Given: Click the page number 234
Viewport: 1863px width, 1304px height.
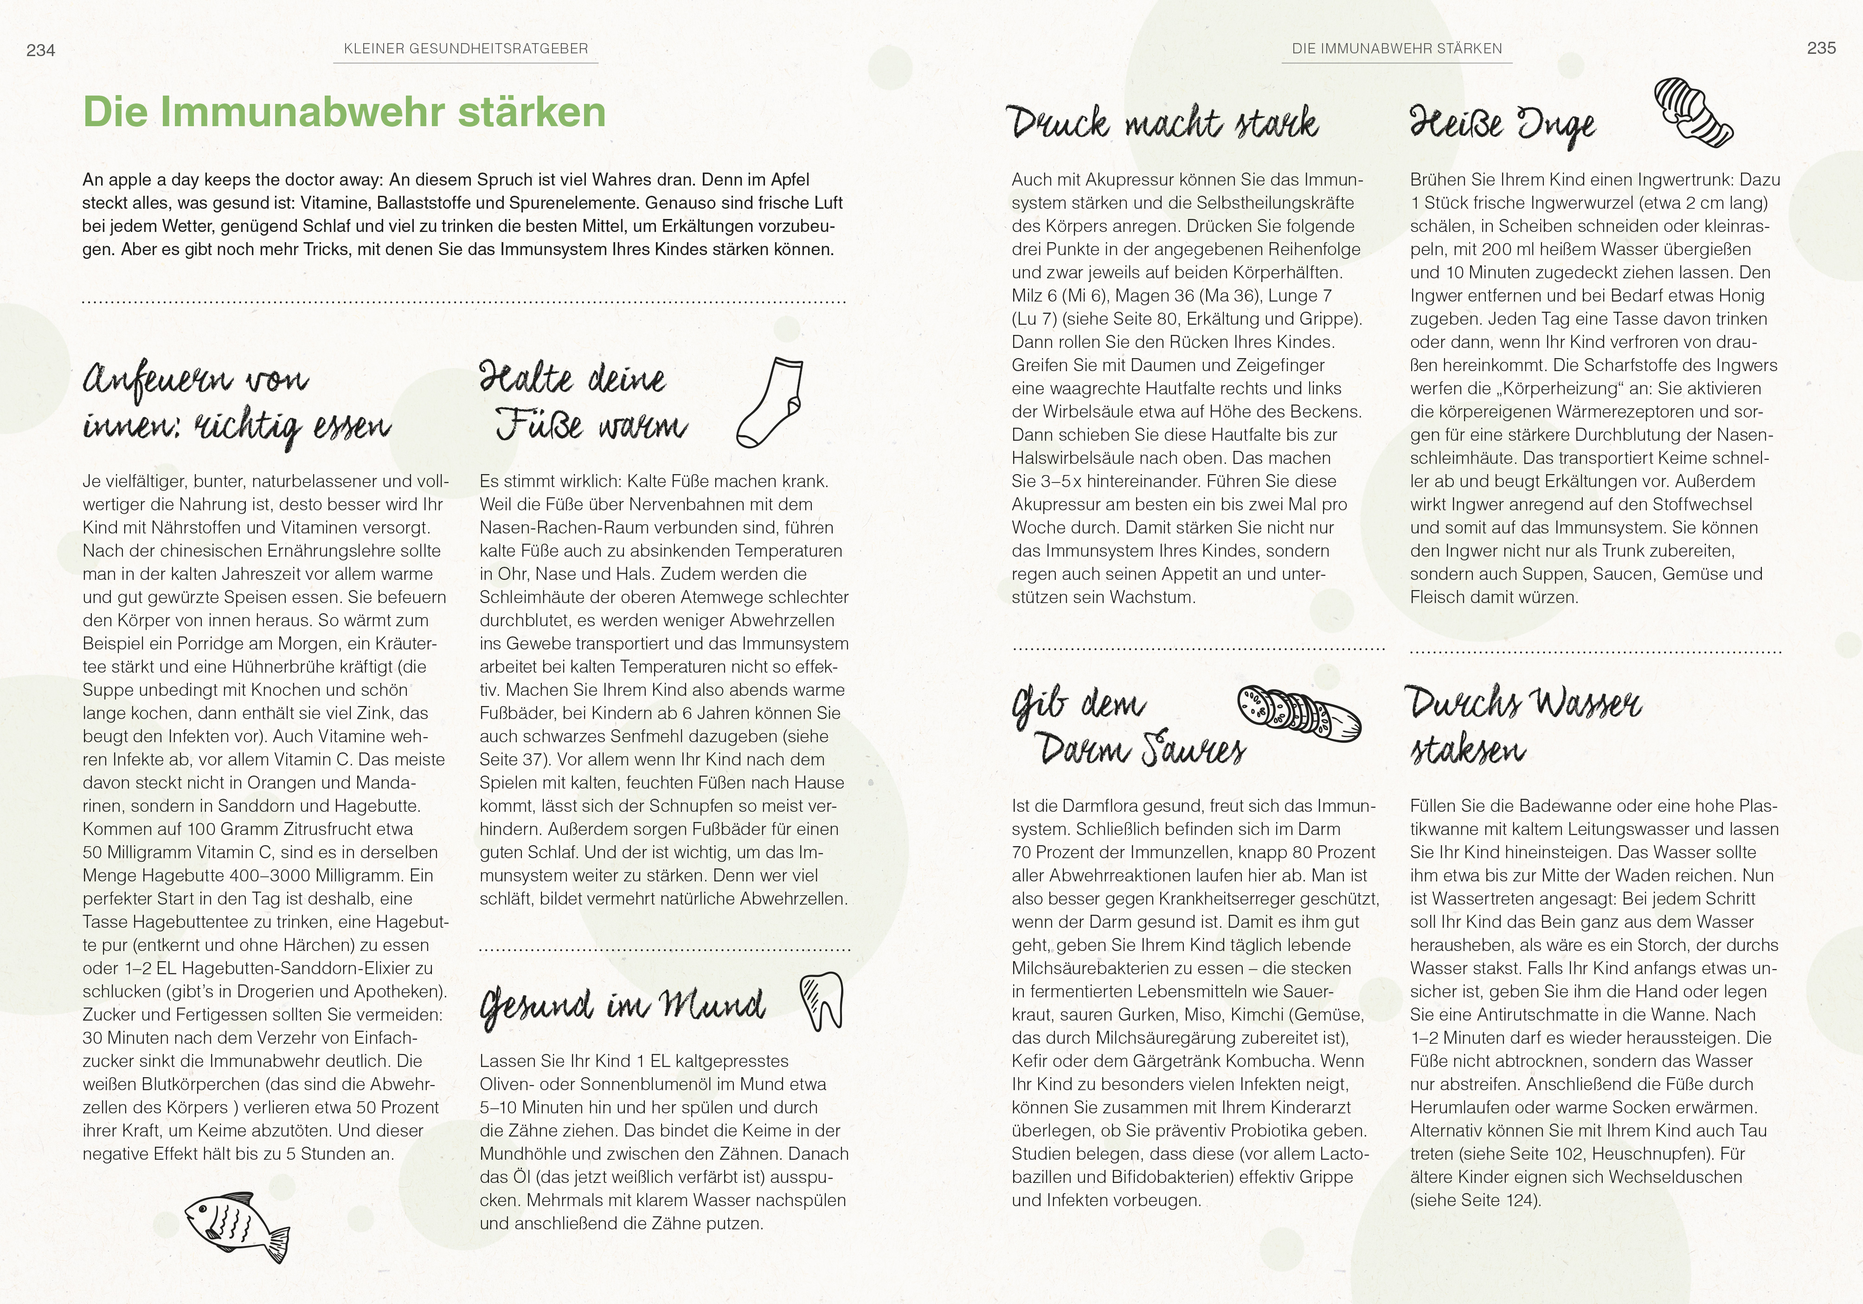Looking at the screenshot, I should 40,50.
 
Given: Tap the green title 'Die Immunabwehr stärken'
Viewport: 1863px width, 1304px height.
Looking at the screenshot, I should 344,112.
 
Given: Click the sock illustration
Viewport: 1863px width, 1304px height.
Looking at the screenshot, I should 769,403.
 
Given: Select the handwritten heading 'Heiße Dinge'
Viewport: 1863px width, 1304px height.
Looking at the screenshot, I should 1503,126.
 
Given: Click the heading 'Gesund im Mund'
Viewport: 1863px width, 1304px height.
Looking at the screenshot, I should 623,1006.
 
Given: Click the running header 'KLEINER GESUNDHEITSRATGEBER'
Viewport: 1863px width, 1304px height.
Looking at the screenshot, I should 466,49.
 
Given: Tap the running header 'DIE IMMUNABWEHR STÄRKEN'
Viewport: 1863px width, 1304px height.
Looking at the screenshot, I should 1396,49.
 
